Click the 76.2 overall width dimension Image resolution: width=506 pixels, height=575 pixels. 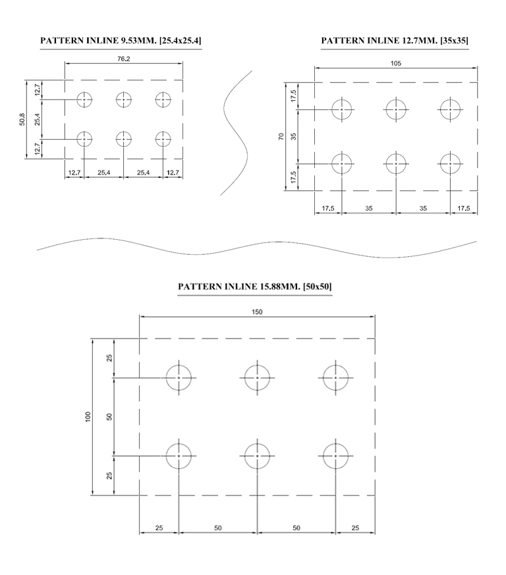coord(124,59)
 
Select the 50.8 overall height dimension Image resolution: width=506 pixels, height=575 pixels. coord(22,120)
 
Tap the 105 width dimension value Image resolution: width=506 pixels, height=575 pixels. coord(395,63)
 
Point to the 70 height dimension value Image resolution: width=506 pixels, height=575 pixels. coord(281,136)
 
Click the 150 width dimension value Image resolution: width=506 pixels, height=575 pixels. coord(257,312)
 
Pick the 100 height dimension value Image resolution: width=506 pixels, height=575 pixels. coord(88,416)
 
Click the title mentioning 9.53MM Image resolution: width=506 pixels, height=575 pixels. coord(121,40)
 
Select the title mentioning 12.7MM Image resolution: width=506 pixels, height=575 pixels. coord(395,40)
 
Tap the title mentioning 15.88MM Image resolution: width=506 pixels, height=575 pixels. coord(255,287)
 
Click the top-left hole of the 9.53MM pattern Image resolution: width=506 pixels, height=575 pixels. coord(84,99)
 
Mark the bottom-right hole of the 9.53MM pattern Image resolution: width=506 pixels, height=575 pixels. coord(163,139)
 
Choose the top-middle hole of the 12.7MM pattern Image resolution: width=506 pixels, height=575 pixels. coord(396,109)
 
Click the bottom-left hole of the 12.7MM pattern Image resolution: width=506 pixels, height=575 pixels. coord(341,163)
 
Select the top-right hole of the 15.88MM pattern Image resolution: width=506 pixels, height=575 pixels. coord(335,377)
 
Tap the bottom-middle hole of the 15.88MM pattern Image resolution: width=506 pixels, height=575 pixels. coord(257,456)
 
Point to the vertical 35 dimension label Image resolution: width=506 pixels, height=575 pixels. coord(293,136)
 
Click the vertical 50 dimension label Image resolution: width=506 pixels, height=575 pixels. coord(109,416)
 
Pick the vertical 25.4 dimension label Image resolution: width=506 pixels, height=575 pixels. coord(38,120)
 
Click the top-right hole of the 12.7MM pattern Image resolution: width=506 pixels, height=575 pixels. coord(450,109)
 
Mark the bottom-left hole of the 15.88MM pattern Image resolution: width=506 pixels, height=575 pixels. coord(179,456)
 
